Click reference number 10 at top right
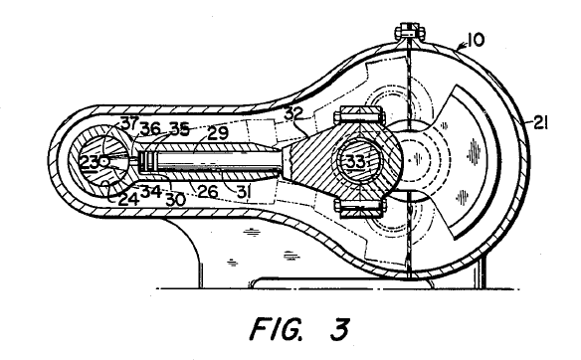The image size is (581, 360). (476, 40)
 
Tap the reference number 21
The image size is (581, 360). (540, 122)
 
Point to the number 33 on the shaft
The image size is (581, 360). (356, 161)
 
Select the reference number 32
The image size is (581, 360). (293, 113)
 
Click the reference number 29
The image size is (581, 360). (218, 133)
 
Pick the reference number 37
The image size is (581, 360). (128, 122)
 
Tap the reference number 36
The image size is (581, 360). (151, 128)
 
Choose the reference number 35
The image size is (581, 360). (180, 128)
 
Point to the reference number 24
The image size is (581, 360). (128, 199)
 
